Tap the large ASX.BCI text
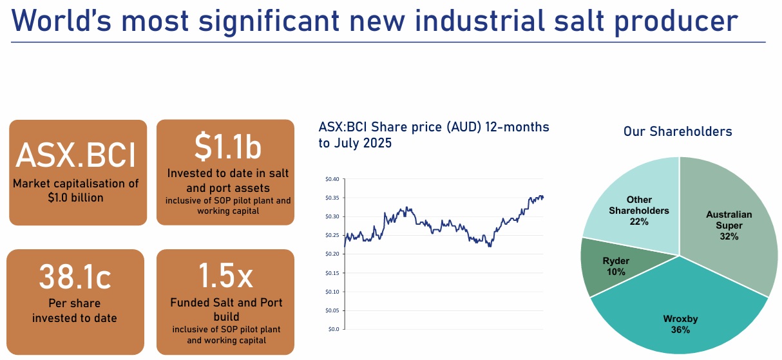click(x=76, y=155)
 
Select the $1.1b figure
click(x=227, y=147)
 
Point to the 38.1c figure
click(x=75, y=277)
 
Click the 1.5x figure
click(x=225, y=275)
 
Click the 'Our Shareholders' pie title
click(x=677, y=131)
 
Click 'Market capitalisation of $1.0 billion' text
click(x=76, y=191)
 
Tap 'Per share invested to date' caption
click(x=75, y=310)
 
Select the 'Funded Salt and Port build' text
click(x=225, y=310)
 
